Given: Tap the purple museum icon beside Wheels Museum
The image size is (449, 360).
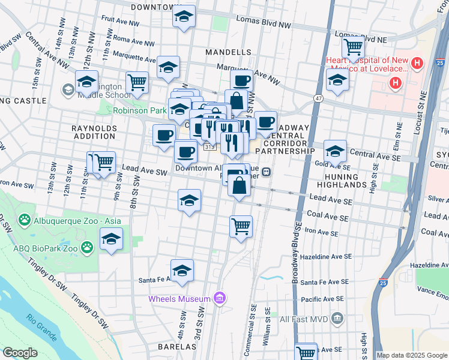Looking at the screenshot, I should pyautogui.click(x=220, y=298).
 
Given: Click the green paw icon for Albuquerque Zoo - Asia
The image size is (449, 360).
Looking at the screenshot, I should pyautogui.click(x=25, y=221).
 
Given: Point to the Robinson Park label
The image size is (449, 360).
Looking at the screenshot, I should pyautogui.click(x=139, y=111).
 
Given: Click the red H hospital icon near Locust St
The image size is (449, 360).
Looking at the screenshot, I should pyautogui.click(x=396, y=83).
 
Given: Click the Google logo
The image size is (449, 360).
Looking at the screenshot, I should pyautogui.click(x=19, y=353).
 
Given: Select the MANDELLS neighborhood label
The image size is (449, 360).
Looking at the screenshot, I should pyautogui.click(x=228, y=52).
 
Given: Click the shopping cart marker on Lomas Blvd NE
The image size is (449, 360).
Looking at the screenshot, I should pyautogui.click(x=354, y=46).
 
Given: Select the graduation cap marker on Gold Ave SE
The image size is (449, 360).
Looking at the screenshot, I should pyautogui.click(x=335, y=151).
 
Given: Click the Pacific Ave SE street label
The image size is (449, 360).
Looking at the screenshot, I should pyautogui.click(x=322, y=298).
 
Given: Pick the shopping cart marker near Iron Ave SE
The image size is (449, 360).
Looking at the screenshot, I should pyautogui.click(x=241, y=227).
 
